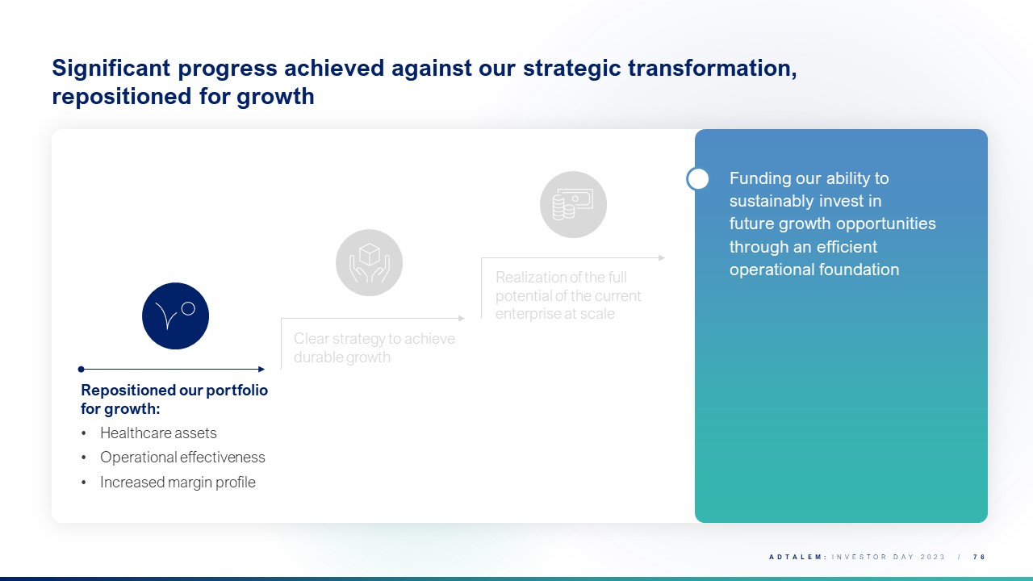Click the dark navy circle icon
(x=175, y=316)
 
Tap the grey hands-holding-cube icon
(x=369, y=263)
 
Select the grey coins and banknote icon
(x=573, y=205)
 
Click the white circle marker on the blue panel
(x=698, y=179)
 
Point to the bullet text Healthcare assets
(x=158, y=433)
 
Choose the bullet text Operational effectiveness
(x=182, y=458)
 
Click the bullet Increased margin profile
(x=178, y=483)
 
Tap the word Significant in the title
(x=111, y=69)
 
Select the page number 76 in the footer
(x=980, y=557)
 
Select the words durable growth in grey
(x=341, y=357)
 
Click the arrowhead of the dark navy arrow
(x=261, y=369)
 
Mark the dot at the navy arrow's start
(x=82, y=369)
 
